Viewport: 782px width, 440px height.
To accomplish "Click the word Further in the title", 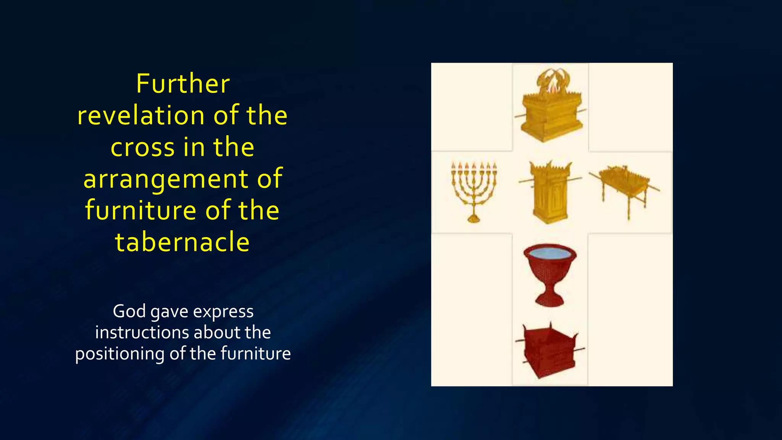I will pos(183,84).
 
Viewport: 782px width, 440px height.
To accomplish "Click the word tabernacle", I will pos(183,242).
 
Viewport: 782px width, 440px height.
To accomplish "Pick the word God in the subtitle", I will pos(129,311).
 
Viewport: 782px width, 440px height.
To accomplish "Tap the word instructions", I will pos(141,332).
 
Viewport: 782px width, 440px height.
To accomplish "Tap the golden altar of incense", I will pos(550,193).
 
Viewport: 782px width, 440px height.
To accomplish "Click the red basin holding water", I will pos(550,271).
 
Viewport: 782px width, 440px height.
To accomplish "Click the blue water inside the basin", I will pos(550,253).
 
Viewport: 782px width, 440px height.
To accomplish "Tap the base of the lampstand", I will pos(473,219).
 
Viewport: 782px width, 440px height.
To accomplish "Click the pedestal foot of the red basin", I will pos(550,300).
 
